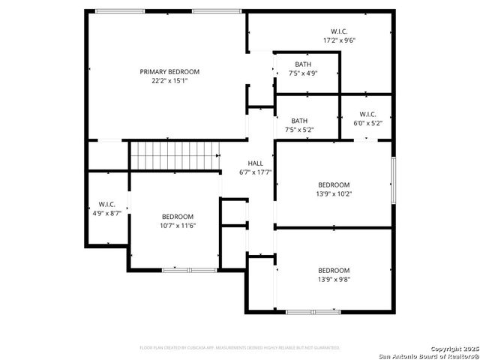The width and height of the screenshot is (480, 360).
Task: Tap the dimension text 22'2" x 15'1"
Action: pos(169,81)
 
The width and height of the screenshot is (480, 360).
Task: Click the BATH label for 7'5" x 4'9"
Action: pos(303,64)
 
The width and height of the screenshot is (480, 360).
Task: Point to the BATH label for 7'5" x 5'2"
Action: pos(299,121)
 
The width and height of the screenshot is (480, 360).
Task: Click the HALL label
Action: pos(256,163)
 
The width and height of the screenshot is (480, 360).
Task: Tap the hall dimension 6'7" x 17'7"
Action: pos(256,172)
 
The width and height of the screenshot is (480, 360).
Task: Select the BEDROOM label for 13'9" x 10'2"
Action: pos(334,184)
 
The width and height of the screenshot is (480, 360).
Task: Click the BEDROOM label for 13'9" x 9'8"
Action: pos(334,270)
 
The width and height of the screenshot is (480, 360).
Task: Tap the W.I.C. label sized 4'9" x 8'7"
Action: pos(106,204)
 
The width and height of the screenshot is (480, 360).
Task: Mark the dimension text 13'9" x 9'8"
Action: pos(334,279)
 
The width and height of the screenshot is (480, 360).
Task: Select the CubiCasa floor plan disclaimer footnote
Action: pos(240,348)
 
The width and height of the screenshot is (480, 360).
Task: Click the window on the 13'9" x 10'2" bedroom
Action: pos(392,180)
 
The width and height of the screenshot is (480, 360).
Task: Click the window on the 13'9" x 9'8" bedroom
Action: pos(313,311)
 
